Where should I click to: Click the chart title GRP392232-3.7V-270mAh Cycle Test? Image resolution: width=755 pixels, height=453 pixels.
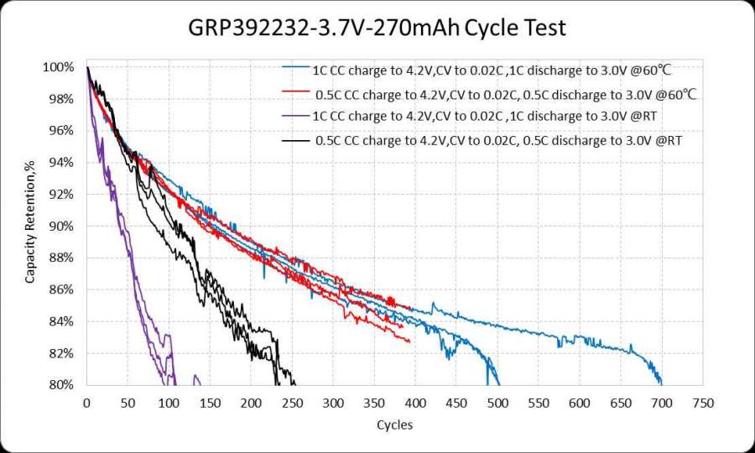tap(377, 28)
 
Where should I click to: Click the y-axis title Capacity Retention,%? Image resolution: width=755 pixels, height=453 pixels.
tap(30, 225)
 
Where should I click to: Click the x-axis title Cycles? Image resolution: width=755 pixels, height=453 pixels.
tap(394, 424)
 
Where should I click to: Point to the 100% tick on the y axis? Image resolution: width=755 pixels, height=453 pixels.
tap(62, 67)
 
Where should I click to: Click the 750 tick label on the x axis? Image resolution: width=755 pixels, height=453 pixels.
tap(703, 403)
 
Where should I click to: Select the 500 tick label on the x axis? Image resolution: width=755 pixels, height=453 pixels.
tap(497, 403)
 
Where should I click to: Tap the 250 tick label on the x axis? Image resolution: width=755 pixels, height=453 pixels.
tap(292, 403)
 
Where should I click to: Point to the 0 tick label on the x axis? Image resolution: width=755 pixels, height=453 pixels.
tap(86, 403)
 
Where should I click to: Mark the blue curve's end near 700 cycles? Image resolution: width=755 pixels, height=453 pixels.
tap(662, 383)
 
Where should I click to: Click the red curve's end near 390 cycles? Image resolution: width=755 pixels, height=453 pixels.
tap(409, 341)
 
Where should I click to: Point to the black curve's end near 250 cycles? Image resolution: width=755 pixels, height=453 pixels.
tap(294, 383)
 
